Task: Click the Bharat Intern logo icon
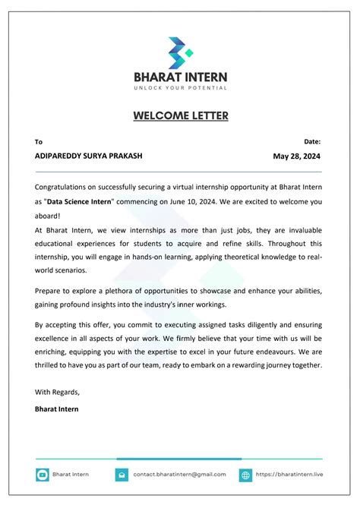(x=181, y=52)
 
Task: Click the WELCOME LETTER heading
(x=180, y=115)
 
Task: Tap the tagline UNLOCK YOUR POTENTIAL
(x=180, y=88)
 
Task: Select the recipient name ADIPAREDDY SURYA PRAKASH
(x=88, y=156)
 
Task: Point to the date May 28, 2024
(x=297, y=156)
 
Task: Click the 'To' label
(x=39, y=142)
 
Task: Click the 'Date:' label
(x=312, y=141)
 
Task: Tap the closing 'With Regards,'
(x=57, y=392)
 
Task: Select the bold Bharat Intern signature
(x=56, y=409)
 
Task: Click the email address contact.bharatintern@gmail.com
(x=179, y=475)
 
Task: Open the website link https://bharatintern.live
(x=289, y=475)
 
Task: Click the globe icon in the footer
(x=245, y=475)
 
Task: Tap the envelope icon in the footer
(x=122, y=475)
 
